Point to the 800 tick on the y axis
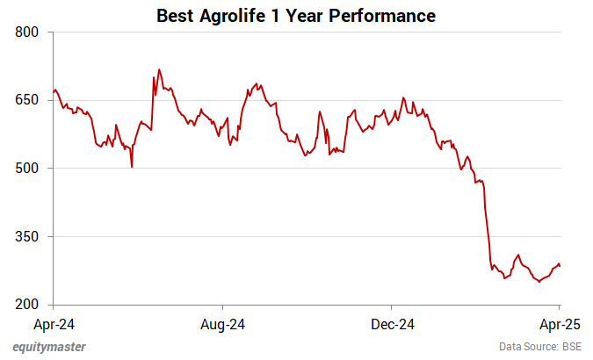(x=30, y=32)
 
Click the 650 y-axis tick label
(x=30, y=100)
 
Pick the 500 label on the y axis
(x=30, y=169)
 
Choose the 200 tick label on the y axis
(x=30, y=305)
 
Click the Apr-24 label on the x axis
(x=54, y=324)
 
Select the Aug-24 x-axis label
(x=223, y=324)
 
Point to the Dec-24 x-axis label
(x=393, y=324)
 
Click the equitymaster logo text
(x=49, y=347)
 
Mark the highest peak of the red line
(x=158, y=69)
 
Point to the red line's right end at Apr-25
(x=560, y=266)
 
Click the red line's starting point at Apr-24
(x=54, y=91)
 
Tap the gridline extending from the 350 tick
(x=307, y=236)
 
